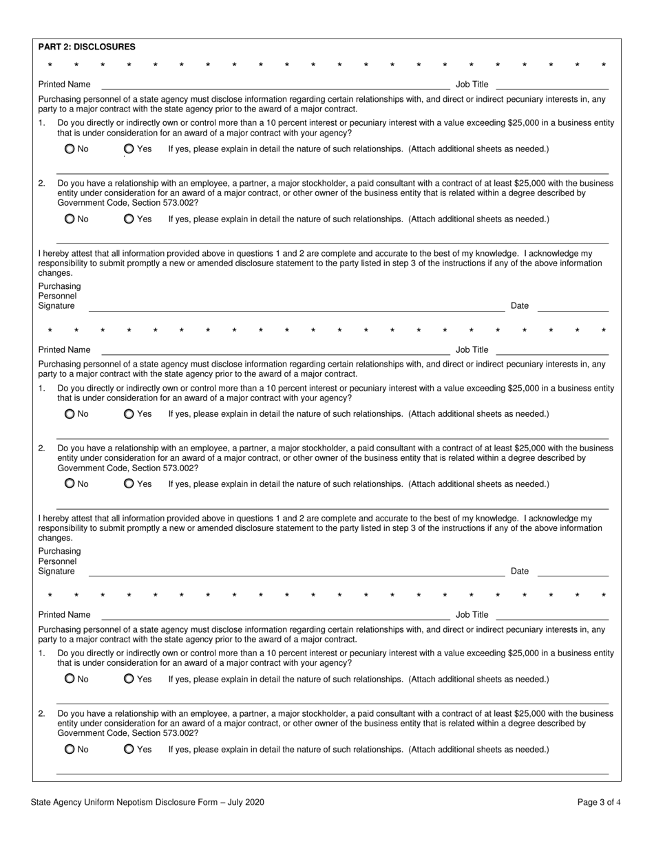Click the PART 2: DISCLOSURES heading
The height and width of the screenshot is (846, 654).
[87, 47]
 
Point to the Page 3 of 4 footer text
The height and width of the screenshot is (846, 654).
[598, 802]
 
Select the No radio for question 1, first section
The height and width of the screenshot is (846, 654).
[70, 149]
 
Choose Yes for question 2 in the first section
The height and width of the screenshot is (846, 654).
[129, 219]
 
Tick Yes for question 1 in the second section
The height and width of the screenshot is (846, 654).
[129, 414]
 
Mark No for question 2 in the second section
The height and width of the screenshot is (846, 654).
[70, 484]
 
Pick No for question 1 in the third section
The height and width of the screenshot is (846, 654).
[70, 679]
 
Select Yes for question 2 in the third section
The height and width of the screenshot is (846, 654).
[129, 749]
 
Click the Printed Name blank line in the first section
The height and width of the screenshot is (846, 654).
[275, 85]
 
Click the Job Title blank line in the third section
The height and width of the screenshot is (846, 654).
[552, 616]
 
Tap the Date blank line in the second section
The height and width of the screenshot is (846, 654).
[573, 572]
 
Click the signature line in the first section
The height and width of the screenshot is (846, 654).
[296, 307]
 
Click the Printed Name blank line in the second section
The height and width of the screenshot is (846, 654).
[275, 351]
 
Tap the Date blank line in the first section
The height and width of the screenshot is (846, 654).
[573, 307]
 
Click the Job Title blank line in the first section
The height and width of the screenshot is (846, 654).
[552, 85]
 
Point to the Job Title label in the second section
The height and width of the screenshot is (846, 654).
[472, 349]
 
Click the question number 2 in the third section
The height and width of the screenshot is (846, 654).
[42, 714]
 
